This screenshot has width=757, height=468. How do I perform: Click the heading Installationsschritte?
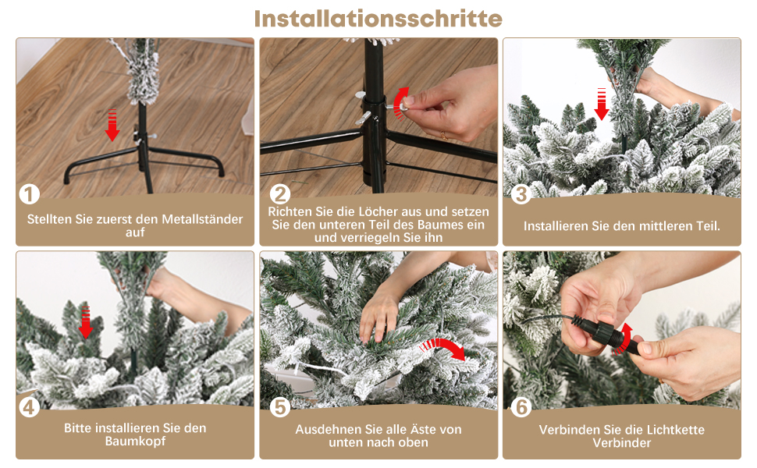(x=378, y=19)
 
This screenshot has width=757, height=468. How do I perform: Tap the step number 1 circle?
(x=29, y=194)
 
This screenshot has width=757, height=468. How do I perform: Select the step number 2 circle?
(x=280, y=194)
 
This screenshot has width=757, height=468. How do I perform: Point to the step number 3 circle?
(x=521, y=194)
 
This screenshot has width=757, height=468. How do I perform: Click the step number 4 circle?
(x=29, y=408)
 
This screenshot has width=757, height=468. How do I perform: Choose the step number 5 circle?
(x=280, y=408)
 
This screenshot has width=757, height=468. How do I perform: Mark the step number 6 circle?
(x=521, y=408)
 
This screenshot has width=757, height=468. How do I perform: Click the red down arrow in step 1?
(x=112, y=125)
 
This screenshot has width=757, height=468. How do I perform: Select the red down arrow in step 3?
(x=602, y=104)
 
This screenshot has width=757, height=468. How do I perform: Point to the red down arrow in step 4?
(x=85, y=322)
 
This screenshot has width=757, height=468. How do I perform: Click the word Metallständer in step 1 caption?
(x=202, y=219)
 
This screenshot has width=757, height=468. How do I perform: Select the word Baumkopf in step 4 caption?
(x=135, y=441)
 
